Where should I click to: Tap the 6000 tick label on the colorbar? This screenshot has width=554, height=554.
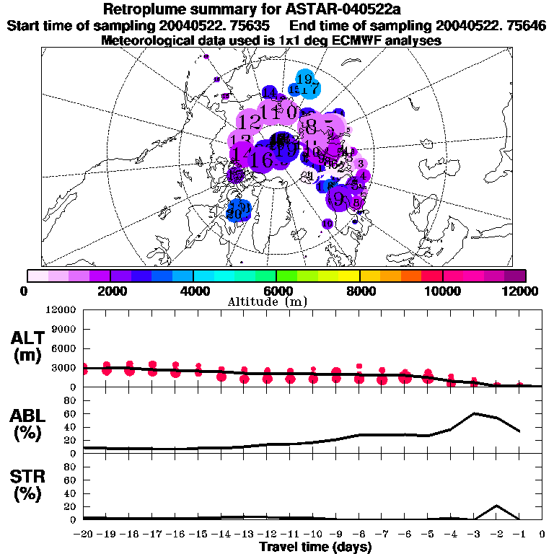point(276,291)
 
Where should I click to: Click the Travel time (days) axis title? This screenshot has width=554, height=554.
point(315,548)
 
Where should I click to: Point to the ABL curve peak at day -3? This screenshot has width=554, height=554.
point(474,413)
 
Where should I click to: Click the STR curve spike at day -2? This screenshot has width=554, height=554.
point(497,506)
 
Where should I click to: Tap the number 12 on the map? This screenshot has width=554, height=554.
point(250,121)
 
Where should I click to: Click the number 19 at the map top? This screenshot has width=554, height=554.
point(304,79)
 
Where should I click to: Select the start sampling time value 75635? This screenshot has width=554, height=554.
point(239,25)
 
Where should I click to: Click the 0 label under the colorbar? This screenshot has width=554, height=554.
point(25,291)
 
